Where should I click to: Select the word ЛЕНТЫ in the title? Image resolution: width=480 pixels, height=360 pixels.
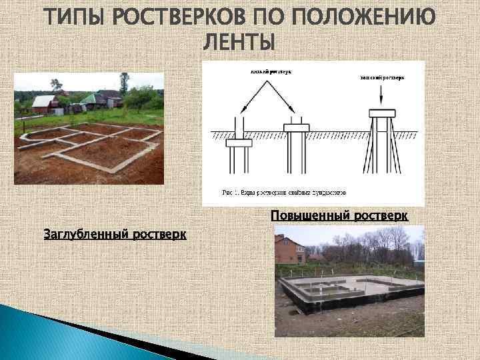click(238, 43)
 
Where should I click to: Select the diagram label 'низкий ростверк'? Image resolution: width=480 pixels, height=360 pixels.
click(270, 70)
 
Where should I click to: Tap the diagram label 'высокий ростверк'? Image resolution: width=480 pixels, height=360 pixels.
click(383, 77)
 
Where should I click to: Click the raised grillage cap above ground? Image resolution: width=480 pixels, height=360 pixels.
click(383, 113)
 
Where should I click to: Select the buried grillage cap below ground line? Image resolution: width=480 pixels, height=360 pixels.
click(239, 142)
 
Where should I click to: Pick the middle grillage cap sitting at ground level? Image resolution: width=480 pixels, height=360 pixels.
click(296, 127)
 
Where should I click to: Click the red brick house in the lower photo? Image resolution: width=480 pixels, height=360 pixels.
click(290, 250)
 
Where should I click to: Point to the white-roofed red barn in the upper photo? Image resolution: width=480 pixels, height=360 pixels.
click(45, 104)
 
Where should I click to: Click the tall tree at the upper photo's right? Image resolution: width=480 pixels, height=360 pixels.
click(124, 84)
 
